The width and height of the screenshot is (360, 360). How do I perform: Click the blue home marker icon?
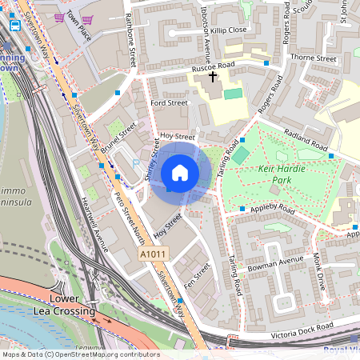click(x=180, y=173)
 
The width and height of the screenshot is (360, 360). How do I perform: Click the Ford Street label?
click(x=169, y=102)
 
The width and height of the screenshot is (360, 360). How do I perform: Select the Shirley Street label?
click(x=154, y=159)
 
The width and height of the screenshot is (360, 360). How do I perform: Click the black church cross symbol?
click(x=213, y=78)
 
